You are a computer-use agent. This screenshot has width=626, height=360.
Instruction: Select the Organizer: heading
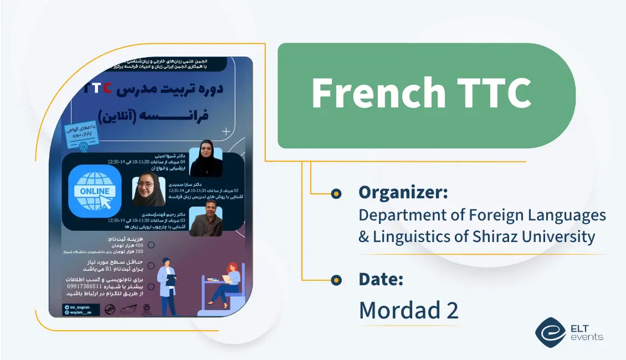click(403, 192)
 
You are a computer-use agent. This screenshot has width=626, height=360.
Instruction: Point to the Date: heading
click(381, 280)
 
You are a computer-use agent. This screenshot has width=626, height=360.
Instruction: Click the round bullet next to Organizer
click(336, 193)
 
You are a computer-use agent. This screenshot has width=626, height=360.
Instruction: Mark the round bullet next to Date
click(336, 280)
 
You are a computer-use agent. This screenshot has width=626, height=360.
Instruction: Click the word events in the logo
click(588, 337)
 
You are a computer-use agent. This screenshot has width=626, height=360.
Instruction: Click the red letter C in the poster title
click(107, 88)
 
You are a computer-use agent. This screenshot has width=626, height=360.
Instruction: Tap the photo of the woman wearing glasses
click(148, 191)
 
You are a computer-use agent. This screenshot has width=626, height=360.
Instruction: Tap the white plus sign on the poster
click(226, 132)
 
